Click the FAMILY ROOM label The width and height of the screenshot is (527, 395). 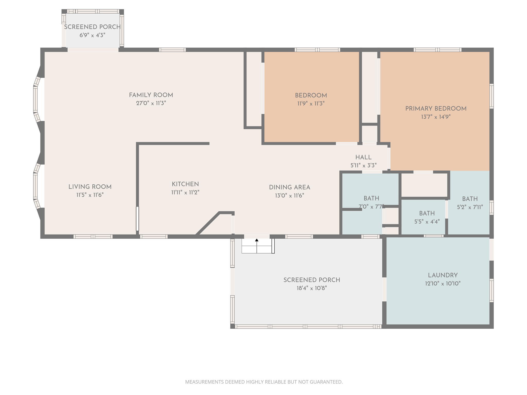[x=151, y=95]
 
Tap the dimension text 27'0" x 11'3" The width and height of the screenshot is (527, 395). [x=151, y=103]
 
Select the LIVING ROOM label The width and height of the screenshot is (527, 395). [x=90, y=187]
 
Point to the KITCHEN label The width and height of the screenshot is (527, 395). [x=185, y=184]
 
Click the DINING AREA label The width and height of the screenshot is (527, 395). [x=290, y=187]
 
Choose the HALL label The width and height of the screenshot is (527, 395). [x=363, y=157]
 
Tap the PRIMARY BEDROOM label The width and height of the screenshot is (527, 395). [x=436, y=109]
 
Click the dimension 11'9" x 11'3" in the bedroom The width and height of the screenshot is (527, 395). [x=311, y=104]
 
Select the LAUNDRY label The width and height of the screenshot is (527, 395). [x=443, y=275]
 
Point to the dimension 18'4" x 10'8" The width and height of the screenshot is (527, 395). [x=312, y=288]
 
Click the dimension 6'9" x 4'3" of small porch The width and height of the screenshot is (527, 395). [x=92, y=35]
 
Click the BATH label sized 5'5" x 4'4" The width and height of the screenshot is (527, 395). [x=427, y=213]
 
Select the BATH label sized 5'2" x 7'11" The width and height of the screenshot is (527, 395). [x=470, y=199]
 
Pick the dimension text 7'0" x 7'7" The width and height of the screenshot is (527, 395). [x=371, y=207]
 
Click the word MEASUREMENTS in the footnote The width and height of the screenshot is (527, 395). [x=205, y=382]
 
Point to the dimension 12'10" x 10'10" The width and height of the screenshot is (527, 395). [x=443, y=283]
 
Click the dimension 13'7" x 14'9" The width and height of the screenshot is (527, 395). [x=436, y=117]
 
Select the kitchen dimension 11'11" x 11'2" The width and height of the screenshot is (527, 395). [x=185, y=192]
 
